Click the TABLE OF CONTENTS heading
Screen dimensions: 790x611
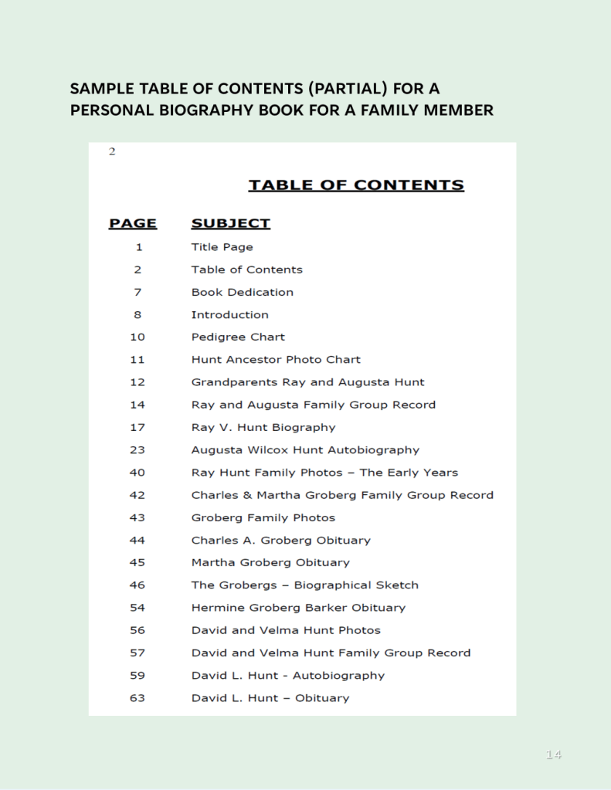tap(355, 185)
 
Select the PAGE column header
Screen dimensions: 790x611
tap(133, 224)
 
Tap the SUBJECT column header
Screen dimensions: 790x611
tap(230, 224)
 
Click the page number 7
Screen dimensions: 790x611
tap(137, 292)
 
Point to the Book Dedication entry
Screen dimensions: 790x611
tap(242, 292)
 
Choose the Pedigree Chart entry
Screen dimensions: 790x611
tap(238, 337)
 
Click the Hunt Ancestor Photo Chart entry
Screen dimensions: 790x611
tap(276, 359)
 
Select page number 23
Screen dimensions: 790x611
tap(137, 449)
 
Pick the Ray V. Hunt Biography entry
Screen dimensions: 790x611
tap(263, 427)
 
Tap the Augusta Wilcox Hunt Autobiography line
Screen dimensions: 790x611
tap(305, 449)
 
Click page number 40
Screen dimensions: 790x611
tap(137, 472)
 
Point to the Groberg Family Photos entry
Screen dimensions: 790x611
tap(263, 517)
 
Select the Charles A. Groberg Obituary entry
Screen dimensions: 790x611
tap(280, 540)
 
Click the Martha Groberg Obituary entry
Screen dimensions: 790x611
tap(270, 562)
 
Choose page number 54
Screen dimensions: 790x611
tap(137, 608)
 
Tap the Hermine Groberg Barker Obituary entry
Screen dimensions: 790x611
tap(298, 608)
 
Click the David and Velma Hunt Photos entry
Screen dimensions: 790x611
tap(286, 630)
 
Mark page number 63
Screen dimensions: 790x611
tap(137, 698)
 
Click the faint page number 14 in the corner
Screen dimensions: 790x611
tap(553, 754)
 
